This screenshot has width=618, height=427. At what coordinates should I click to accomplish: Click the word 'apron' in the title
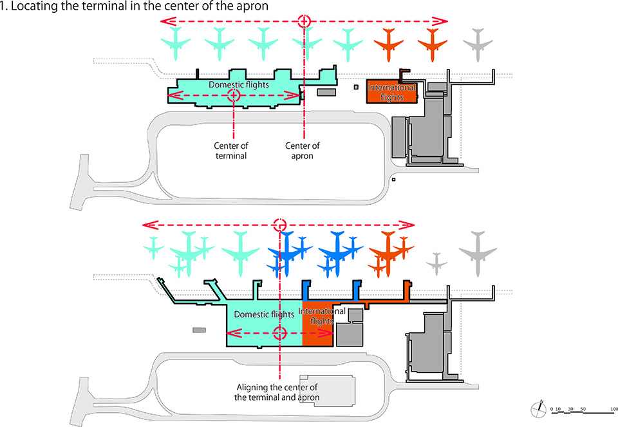click(x=251, y=6)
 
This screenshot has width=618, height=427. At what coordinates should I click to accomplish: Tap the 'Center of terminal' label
click(x=231, y=151)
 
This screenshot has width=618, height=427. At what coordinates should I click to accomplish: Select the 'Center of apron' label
click(x=303, y=151)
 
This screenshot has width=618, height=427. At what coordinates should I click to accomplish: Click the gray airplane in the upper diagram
click(x=478, y=44)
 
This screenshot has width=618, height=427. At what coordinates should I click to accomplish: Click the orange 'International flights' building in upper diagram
click(x=391, y=91)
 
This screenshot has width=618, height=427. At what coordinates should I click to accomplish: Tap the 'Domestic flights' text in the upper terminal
click(x=239, y=84)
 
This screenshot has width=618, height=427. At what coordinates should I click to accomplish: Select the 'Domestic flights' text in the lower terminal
click(x=264, y=314)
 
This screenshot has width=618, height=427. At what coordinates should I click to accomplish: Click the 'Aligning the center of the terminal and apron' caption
click(x=277, y=392)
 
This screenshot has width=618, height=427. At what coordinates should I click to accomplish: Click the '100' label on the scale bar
click(x=613, y=409)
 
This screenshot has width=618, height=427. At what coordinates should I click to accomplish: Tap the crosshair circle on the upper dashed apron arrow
click(x=304, y=21)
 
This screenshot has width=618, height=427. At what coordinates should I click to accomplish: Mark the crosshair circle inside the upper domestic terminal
click(x=234, y=95)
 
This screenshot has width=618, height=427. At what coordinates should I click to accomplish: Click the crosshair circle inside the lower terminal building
click(x=279, y=333)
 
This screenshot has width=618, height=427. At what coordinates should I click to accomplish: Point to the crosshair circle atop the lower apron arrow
click(x=279, y=225)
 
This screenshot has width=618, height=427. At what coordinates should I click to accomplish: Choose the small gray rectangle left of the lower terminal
click(x=199, y=330)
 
